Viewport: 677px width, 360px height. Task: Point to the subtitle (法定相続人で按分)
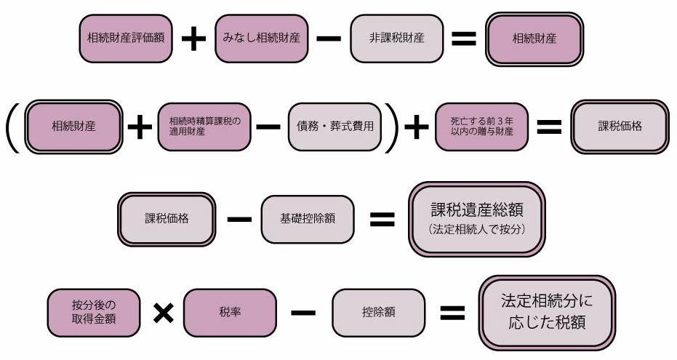[x=478, y=229]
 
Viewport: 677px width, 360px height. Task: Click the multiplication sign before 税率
[x=163, y=312]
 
